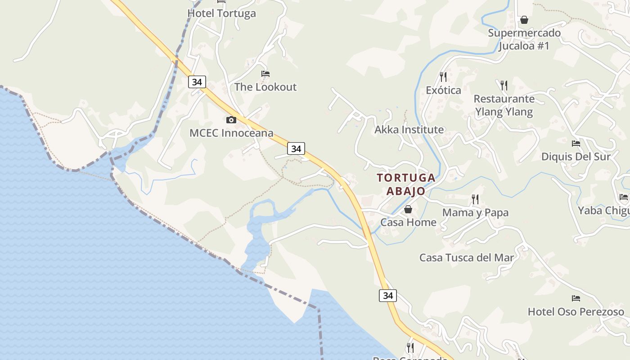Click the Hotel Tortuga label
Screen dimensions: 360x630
[221, 13]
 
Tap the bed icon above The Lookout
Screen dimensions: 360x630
[265, 74]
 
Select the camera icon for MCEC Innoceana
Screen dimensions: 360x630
[231, 120]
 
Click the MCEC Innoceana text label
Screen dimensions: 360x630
[231, 133]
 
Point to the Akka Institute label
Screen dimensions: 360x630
[409, 130]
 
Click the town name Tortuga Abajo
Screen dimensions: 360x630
[406, 184]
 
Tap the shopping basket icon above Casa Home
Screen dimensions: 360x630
[408, 209]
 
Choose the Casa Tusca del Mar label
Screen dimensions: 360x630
[466, 258]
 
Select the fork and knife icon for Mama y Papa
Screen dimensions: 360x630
[475, 199]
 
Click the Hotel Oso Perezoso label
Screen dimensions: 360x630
[576, 312]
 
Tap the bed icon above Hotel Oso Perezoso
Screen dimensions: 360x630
[576, 298]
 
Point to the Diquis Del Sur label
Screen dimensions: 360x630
[576, 157]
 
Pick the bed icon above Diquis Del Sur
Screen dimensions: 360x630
[576, 144]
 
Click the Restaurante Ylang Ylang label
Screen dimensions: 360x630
[504, 105]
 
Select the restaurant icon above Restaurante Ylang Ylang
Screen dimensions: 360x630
[504, 85]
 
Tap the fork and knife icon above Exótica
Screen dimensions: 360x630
[443, 77]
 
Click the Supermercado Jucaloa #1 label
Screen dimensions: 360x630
[524, 39]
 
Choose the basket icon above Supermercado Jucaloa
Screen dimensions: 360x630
[524, 20]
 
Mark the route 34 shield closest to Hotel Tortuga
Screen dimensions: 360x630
[197, 82]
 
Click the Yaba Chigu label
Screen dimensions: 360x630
[603, 211]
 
